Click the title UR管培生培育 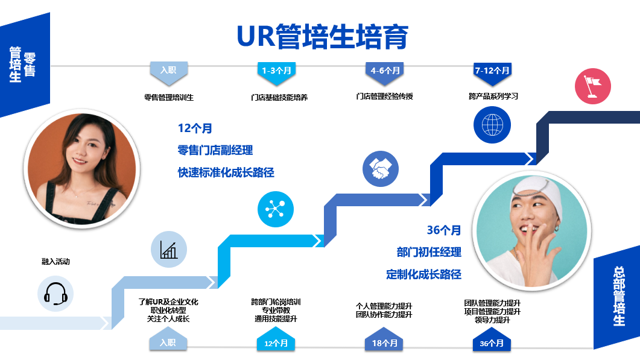[x=323, y=37]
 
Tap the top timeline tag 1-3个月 [x=277, y=71]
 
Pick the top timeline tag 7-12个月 [x=492, y=71]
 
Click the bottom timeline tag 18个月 [x=384, y=343]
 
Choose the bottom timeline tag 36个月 [x=492, y=343]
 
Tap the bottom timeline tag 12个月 [x=276, y=343]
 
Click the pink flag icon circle [x=592, y=86]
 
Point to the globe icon [x=492, y=125]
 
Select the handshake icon [x=381, y=168]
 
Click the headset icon [x=55, y=294]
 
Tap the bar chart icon [x=169, y=249]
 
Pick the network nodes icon [x=276, y=209]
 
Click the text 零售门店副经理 [x=215, y=150]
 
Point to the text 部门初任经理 [x=429, y=252]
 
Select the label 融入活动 [x=55, y=262]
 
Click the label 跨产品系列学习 [x=493, y=96]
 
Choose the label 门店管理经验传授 [x=384, y=96]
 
